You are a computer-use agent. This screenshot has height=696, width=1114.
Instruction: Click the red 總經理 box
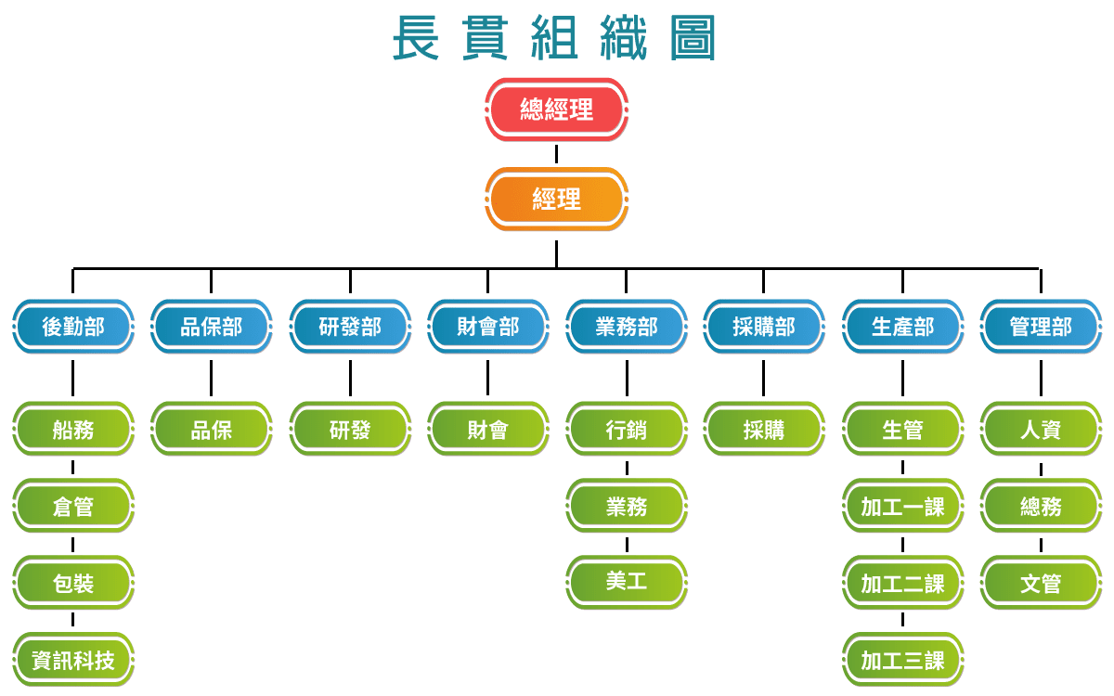556,109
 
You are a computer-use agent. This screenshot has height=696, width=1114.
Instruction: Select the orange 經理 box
556,199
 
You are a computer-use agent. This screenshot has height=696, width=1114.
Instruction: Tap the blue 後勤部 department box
73,327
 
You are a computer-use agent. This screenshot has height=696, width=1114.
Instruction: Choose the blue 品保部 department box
211,327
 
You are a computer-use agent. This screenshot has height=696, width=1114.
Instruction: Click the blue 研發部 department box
350,327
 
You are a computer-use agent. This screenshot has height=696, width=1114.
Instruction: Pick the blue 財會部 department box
487,327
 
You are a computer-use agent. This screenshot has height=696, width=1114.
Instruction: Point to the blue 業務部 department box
627,327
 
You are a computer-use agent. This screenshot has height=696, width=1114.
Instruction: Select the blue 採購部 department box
764,327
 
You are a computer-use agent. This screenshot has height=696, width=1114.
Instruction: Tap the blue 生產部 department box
902,327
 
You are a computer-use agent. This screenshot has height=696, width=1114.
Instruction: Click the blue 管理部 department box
1041,327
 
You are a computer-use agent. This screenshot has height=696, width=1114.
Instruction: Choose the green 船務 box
73,430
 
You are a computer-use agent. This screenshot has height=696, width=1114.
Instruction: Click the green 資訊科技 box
73,660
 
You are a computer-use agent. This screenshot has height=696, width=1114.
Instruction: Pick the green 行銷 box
627,430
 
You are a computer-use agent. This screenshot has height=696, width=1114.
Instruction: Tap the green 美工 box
627,582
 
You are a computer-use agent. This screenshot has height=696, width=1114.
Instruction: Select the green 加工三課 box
902,660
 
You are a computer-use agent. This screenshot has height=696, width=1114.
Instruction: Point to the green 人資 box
1041,430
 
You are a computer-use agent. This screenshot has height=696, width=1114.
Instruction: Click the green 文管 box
1041,584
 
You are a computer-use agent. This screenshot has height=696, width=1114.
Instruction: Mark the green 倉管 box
73,507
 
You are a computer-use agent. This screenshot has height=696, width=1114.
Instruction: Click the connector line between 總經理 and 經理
556,153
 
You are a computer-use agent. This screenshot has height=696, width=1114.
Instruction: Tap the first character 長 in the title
416,37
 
